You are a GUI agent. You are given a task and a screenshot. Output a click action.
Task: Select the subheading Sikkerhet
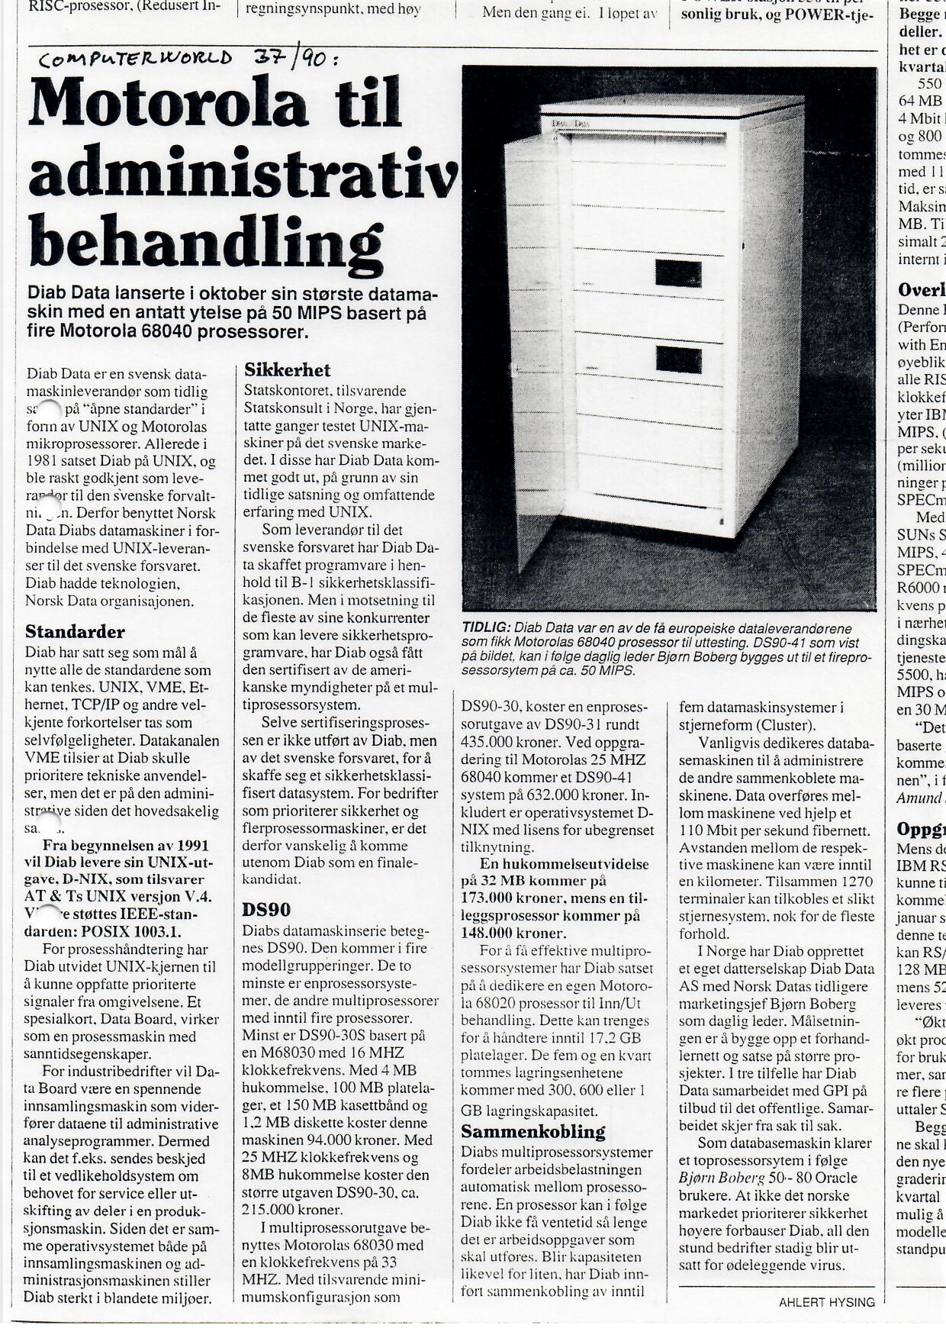(288, 371)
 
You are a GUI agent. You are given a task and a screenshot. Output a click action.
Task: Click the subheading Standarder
(75, 632)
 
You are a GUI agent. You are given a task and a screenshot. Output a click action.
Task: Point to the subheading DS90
(268, 910)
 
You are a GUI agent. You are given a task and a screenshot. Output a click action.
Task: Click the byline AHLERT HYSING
(826, 1303)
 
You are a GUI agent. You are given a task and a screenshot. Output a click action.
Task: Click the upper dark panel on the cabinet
(677, 272)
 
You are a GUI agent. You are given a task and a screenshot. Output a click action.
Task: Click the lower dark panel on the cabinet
(677, 359)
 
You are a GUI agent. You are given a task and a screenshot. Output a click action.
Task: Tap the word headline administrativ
(243, 172)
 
